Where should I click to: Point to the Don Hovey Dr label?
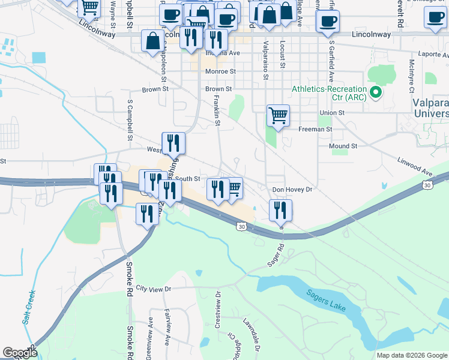[x=293, y=190]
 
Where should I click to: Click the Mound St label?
[x=343, y=146]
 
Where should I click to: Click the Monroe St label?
[x=220, y=71]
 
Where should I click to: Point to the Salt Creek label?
[x=29, y=308]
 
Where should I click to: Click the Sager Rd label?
[x=276, y=254]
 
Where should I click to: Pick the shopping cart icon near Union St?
[x=278, y=115]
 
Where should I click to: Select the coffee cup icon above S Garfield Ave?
[x=328, y=22]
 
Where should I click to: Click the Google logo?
[x=20, y=353]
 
